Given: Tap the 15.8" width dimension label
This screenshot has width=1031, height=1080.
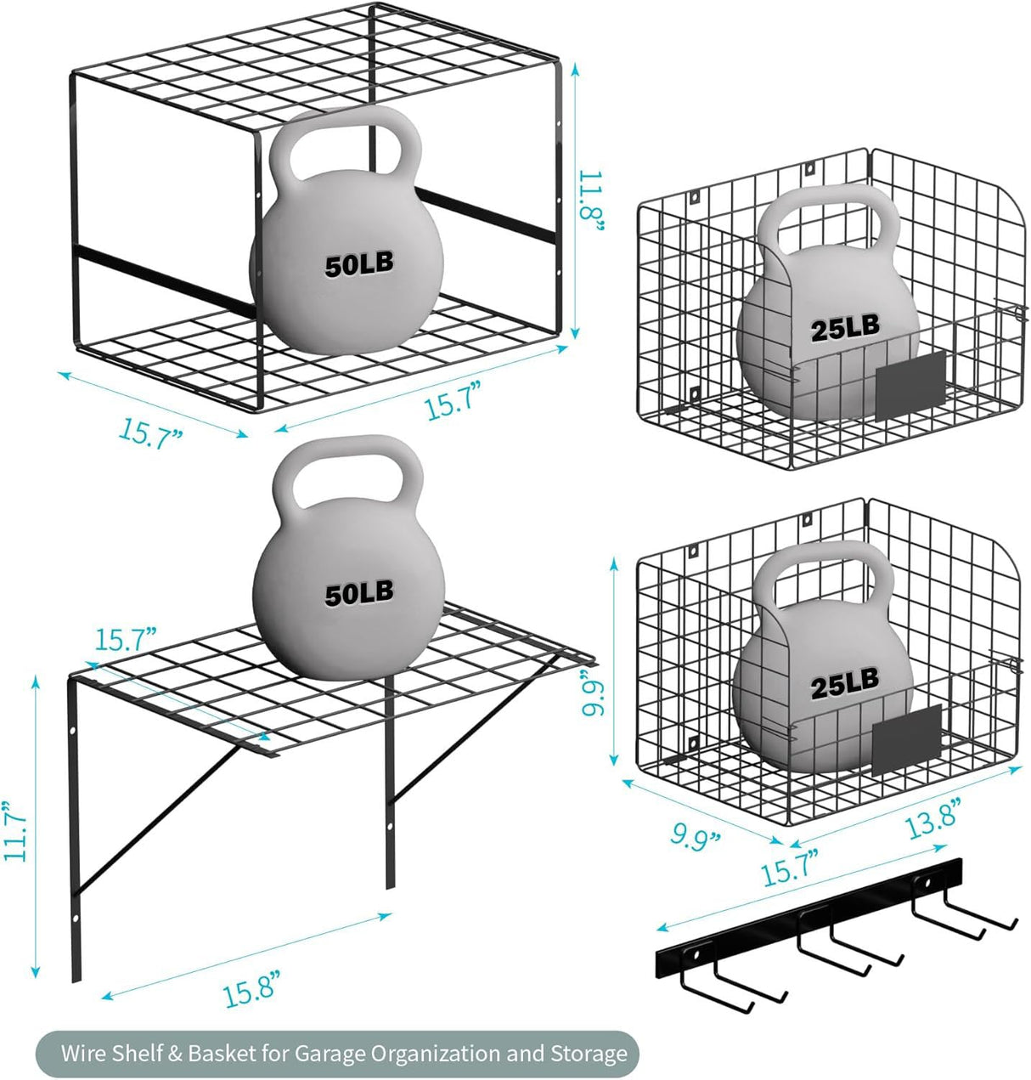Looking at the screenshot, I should tap(251, 992).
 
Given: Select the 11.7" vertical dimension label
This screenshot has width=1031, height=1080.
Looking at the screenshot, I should tap(17, 830).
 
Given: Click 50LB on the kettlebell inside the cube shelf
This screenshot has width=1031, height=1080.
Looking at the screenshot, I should tap(359, 264).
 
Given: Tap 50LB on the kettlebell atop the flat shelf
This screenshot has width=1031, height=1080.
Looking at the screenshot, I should tap(359, 593).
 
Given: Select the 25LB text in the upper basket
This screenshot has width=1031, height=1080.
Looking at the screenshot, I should tap(845, 327).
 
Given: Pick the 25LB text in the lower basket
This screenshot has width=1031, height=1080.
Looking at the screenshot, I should tap(844, 681).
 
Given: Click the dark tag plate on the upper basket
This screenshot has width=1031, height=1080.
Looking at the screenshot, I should tap(910, 385).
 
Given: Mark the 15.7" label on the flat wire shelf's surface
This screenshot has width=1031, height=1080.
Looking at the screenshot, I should tap(127, 638).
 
